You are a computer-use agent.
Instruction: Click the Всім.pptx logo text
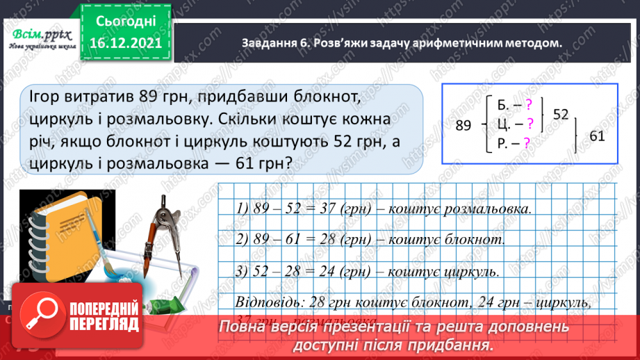[x=38, y=35]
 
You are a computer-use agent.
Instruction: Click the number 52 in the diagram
[x=560, y=113]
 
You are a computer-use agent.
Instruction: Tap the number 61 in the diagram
[x=597, y=136]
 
